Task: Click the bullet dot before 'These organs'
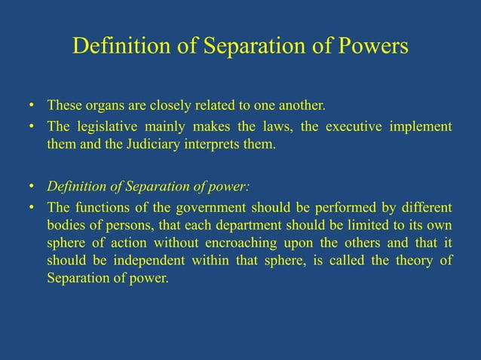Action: pos(31,104)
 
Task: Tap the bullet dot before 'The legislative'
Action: pos(31,126)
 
